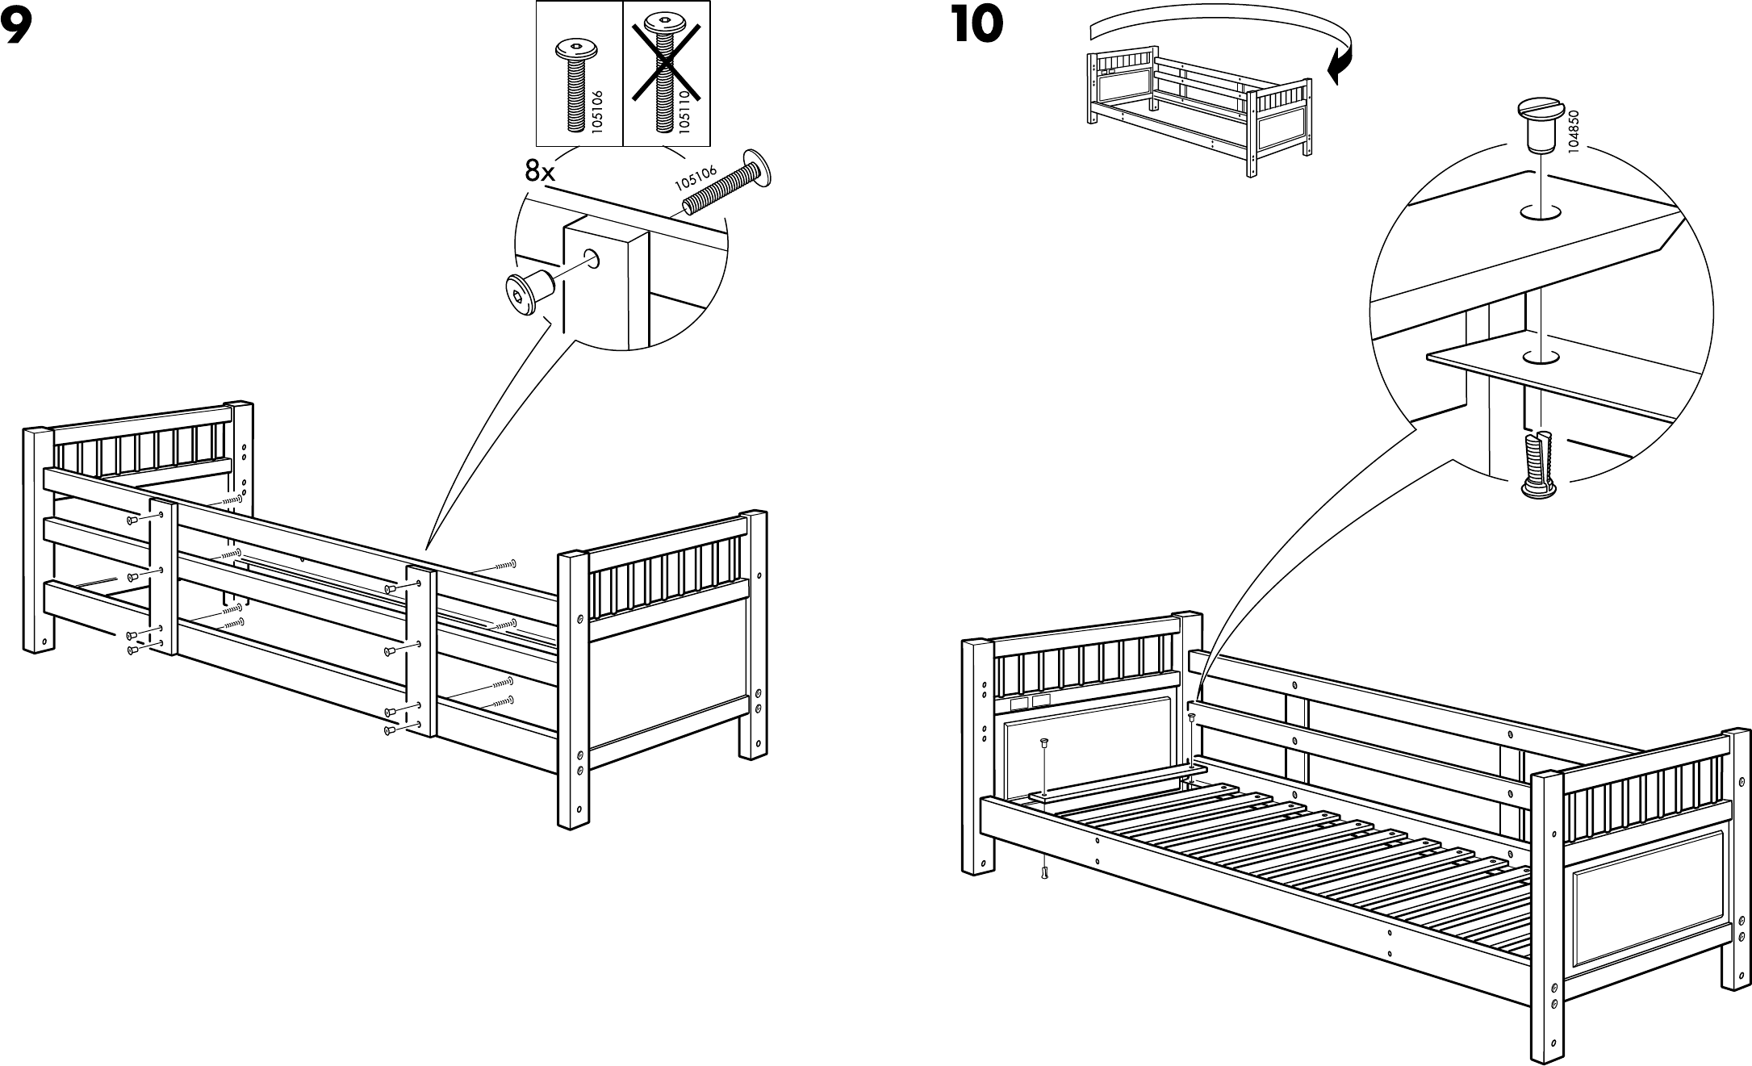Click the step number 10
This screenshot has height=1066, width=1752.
tap(976, 25)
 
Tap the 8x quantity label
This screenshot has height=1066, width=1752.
tap(540, 170)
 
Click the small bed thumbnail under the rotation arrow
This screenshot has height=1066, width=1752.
tap(1198, 113)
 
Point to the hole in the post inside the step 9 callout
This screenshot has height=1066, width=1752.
tap(593, 259)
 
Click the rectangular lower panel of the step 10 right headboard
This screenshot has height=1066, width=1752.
tap(1647, 900)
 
